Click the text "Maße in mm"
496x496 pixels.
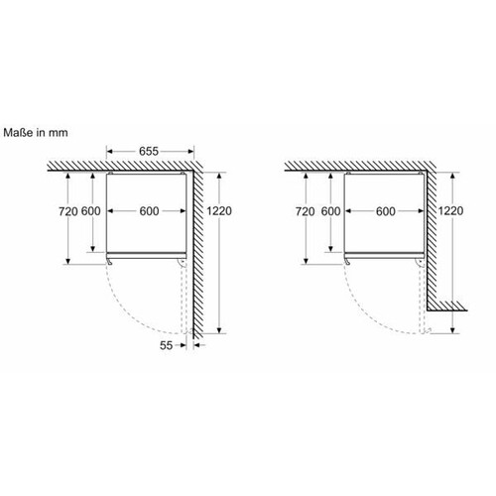coord(36,133)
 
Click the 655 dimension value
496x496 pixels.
coord(149,151)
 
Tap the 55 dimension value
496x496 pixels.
coord(166,345)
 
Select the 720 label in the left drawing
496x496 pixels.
coord(68,211)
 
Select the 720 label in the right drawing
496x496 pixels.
coord(306,211)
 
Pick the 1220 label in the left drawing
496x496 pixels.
coord(219,210)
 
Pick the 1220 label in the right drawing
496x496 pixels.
coord(450,210)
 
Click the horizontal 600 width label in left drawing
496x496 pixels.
coord(149,211)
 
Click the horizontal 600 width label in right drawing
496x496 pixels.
coord(386,211)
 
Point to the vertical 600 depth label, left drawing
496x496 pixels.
coord(91,211)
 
